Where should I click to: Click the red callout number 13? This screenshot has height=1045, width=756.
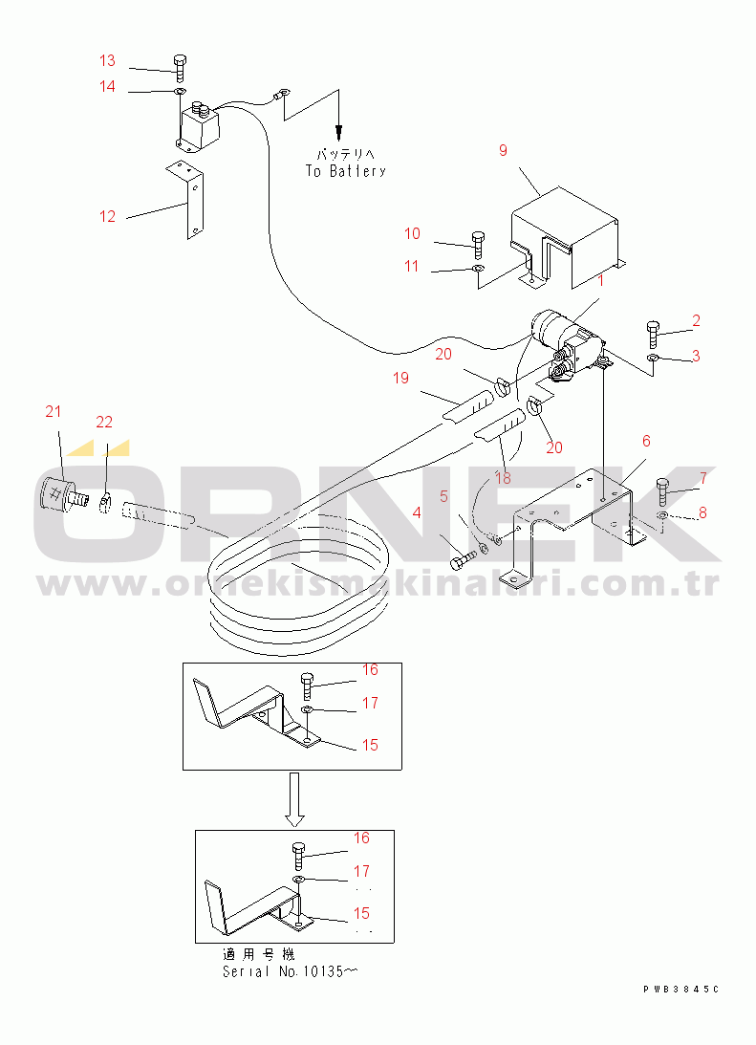(107, 60)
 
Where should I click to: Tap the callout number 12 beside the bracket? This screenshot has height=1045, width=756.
(107, 217)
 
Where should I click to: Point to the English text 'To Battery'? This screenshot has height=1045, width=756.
(346, 171)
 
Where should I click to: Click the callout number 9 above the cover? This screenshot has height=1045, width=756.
(503, 151)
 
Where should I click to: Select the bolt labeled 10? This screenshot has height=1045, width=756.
(478, 245)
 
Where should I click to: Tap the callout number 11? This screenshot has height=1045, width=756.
(412, 267)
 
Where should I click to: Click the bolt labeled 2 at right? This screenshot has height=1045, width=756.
(653, 334)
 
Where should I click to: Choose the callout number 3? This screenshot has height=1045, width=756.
(696, 356)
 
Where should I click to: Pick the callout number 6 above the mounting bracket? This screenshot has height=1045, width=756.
(646, 441)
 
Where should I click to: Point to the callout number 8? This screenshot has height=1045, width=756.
(702, 513)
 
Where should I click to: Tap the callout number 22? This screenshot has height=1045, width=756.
(104, 422)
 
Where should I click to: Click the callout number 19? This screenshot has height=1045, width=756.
(400, 379)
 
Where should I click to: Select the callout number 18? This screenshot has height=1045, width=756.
(503, 478)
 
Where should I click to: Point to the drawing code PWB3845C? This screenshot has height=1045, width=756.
(681, 990)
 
